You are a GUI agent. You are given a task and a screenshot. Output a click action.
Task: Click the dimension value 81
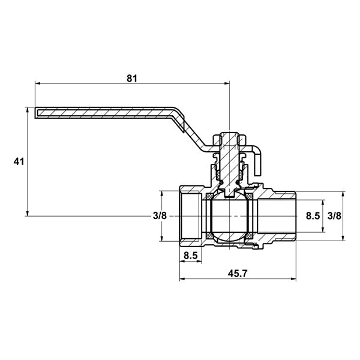[x=132, y=78]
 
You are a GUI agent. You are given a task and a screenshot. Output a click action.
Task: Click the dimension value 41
[x=19, y=161]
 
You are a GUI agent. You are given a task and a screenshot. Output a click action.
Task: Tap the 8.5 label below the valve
[x=191, y=256]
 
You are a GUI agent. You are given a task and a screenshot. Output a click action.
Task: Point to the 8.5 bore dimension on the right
[x=313, y=216]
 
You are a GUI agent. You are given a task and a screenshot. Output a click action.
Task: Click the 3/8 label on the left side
[x=160, y=216]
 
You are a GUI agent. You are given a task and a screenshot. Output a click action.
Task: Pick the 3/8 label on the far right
[x=334, y=216]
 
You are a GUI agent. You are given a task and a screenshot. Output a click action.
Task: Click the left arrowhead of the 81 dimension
[x=37, y=83]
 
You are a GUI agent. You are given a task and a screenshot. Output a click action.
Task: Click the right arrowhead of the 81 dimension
[x=227, y=83]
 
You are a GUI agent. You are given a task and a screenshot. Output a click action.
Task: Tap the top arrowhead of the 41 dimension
[x=28, y=110]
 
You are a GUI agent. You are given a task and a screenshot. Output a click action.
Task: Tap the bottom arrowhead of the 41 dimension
[x=28, y=213]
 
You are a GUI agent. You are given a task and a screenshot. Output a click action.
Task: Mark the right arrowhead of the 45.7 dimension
[x=293, y=279]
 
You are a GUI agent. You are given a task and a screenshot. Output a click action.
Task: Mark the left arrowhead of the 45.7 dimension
[x=182, y=279]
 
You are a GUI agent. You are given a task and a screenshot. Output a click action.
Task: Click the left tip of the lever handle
[x=35, y=113]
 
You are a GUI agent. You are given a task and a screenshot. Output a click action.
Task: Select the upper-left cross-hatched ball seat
[x=209, y=196]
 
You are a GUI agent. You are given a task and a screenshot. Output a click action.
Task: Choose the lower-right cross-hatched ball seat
[x=250, y=236]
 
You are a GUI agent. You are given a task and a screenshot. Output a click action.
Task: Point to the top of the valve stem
[x=229, y=133]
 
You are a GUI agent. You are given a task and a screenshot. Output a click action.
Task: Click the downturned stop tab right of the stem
[x=258, y=162]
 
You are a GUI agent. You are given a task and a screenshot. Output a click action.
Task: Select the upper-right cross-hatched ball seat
[x=250, y=196]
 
